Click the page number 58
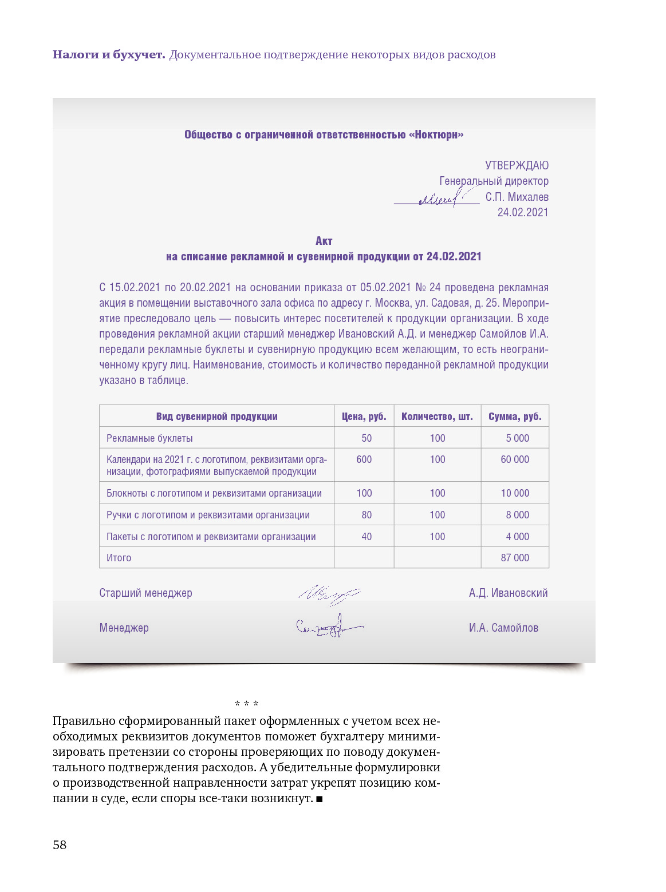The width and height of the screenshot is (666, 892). click(x=60, y=845)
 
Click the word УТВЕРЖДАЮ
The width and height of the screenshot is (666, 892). click(x=517, y=165)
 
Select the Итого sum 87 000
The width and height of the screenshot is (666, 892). click(x=515, y=558)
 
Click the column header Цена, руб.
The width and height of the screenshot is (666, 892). click(x=364, y=417)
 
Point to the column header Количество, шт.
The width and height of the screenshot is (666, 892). click(x=437, y=417)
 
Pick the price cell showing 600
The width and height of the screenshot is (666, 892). click(x=364, y=459)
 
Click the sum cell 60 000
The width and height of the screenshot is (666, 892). click(x=515, y=459)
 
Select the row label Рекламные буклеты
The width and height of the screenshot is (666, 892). click(x=149, y=438)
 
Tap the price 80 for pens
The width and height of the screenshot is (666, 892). click(x=367, y=515)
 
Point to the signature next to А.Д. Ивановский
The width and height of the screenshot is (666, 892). click(x=328, y=594)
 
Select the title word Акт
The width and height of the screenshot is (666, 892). click(x=324, y=241)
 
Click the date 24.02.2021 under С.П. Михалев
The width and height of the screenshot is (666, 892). click(x=522, y=212)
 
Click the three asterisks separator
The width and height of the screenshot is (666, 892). click(x=246, y=704)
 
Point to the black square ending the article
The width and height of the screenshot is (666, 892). click(x=320, y=799)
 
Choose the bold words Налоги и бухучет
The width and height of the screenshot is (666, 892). click(x=109, y=55)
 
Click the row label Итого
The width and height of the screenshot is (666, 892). click(x=119, y=558)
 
